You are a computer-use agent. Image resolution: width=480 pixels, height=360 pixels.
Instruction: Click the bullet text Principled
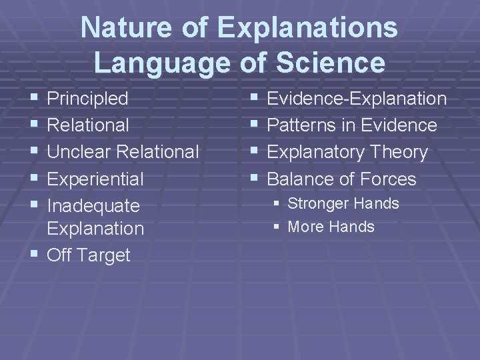click(x=88, y=99)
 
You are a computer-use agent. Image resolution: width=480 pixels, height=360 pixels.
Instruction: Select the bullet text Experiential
click(x=95, y=179)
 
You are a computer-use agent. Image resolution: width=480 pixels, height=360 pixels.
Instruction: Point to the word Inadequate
click(x=94, y=206)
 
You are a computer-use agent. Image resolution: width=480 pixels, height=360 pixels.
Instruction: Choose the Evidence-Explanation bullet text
click(x=357, y=99)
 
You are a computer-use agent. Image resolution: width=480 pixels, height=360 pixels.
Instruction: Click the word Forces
click(x=387, y=179)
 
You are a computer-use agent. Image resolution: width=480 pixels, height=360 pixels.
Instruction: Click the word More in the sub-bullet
click(x=303, y=227)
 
